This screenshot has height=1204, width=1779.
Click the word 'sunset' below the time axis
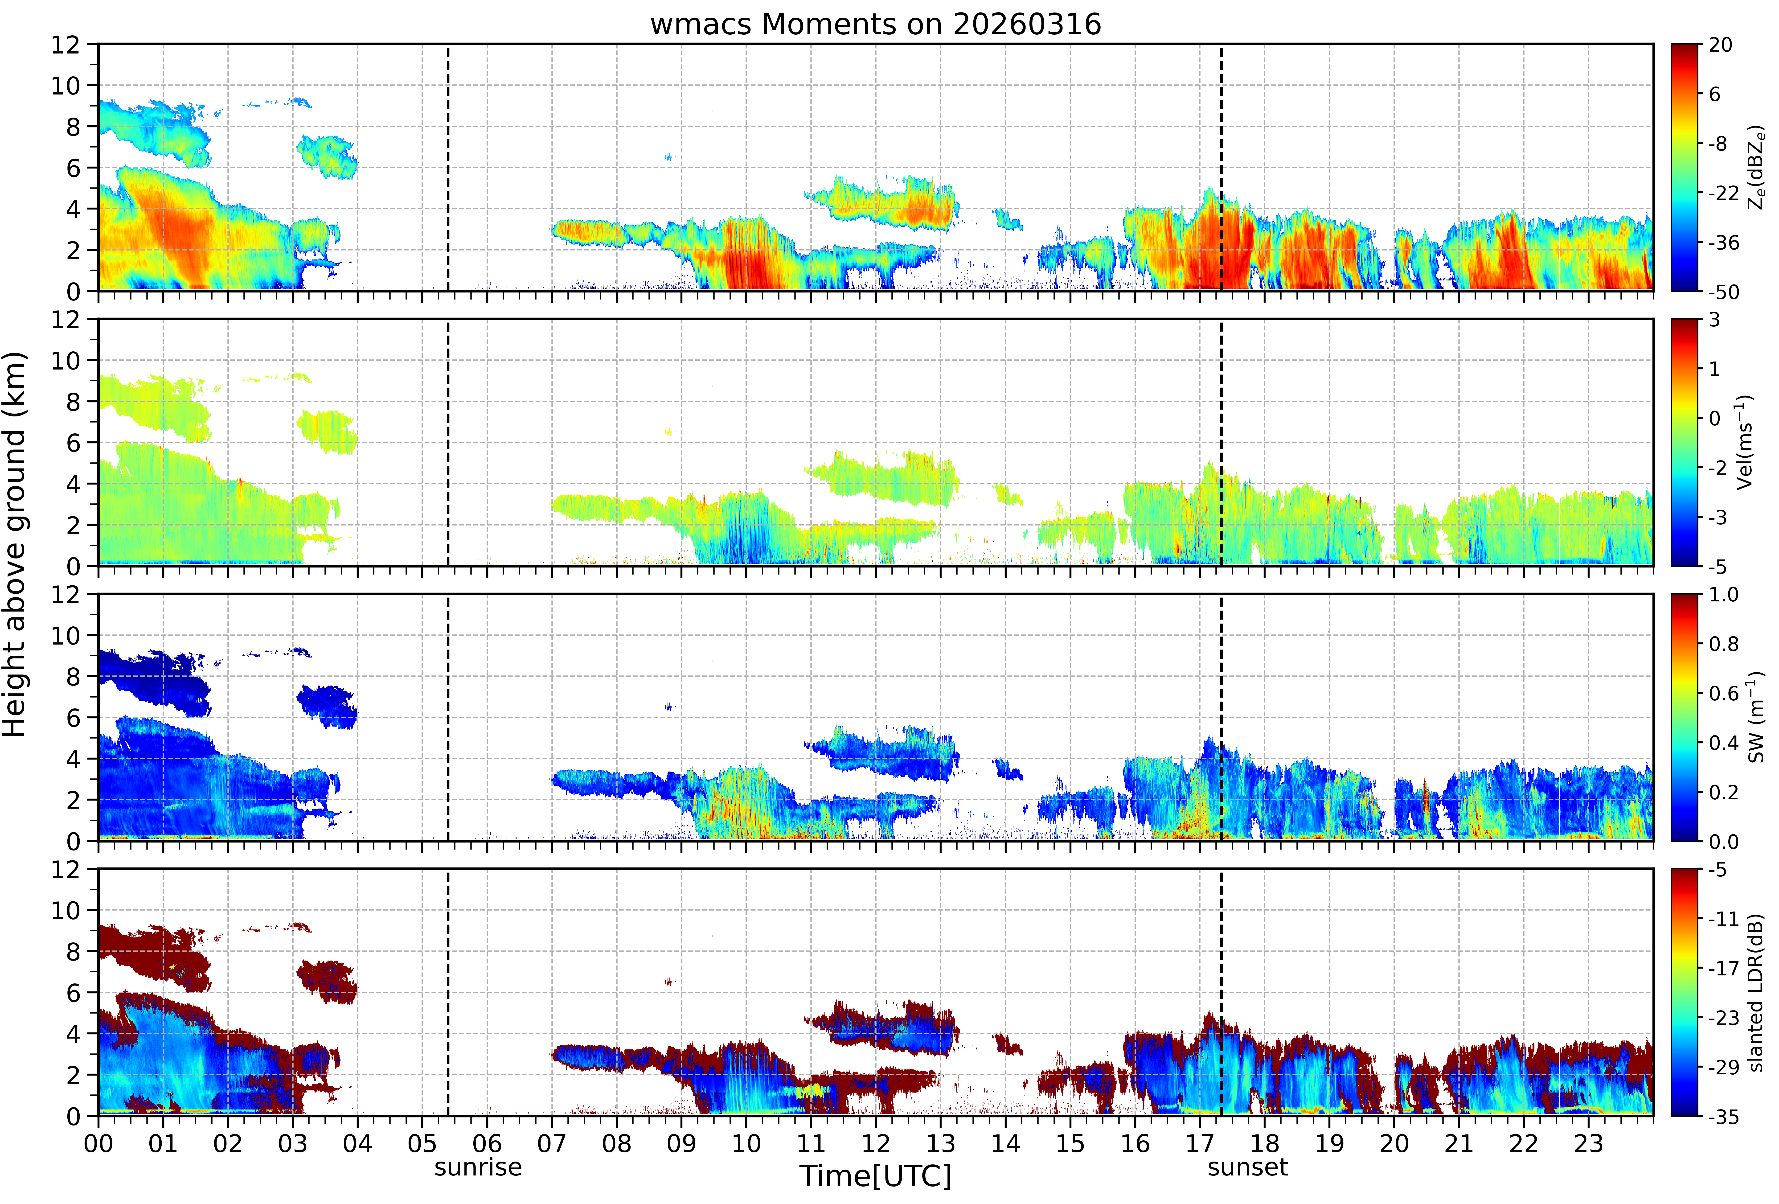pos(1248,1168)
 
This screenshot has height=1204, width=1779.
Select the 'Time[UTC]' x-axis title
pos(876,1176)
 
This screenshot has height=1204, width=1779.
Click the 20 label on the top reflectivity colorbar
pos(1720,45)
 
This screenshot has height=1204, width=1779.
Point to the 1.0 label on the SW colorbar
pos(1724,595)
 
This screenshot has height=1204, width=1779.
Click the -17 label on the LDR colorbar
pos(1724,968)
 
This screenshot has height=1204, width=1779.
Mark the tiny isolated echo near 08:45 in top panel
pos(668,157)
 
